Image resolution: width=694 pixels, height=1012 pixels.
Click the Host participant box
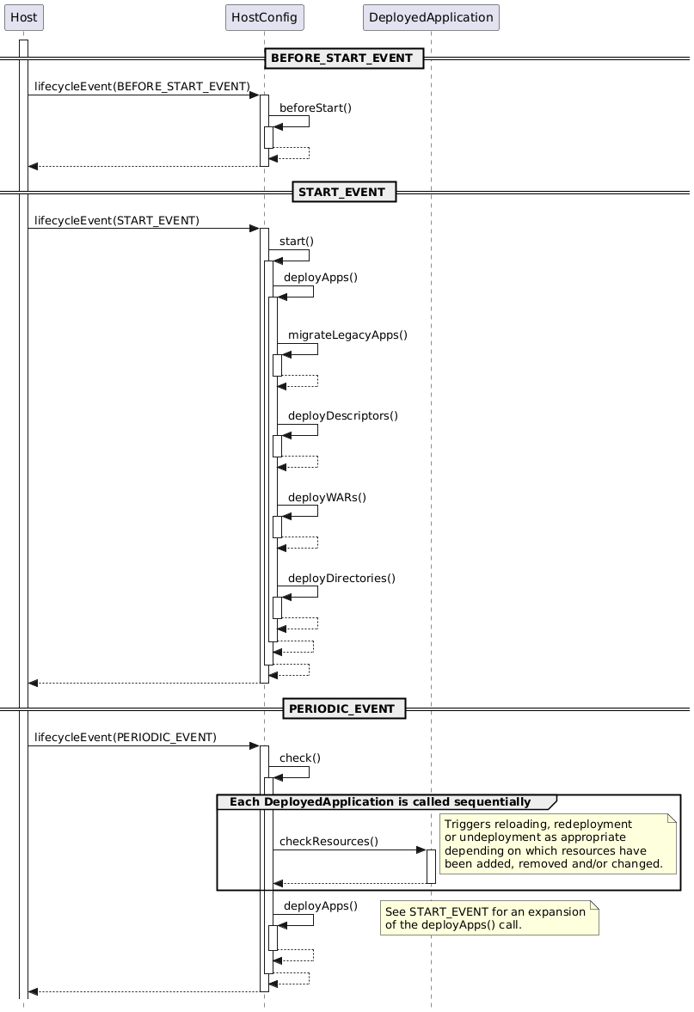pos(23,16)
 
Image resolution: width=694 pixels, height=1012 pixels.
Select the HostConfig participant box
pos(264,16)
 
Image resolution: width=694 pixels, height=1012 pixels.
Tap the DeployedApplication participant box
pos(431,16)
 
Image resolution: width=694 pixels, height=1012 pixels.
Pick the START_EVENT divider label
pos(343,191)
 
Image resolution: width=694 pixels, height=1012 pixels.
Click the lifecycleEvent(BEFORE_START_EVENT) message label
pos(142,87)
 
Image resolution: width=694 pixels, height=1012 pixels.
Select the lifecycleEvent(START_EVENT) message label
pos(117,220)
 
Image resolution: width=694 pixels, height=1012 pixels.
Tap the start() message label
pos(297,241)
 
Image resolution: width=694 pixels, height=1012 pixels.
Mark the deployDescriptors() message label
pos(343,415)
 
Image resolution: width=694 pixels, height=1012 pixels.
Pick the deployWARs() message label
pos(327,497)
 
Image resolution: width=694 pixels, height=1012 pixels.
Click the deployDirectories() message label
pos(341,578)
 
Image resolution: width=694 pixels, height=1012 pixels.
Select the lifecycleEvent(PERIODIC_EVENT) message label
pos(126,737)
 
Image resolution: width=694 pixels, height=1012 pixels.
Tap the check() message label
pos(300,757)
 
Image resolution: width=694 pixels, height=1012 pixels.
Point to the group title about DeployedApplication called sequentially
pos(380,802)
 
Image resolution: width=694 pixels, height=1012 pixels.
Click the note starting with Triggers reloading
pos(558,843)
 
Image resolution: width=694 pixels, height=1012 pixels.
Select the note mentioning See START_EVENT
pos(488,918)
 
